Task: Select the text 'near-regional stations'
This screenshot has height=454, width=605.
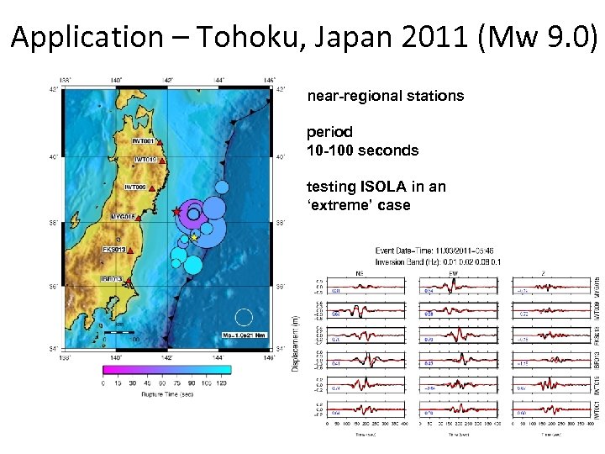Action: click(x=385, y=96)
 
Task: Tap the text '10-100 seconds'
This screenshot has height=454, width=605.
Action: click(x=362, y=151)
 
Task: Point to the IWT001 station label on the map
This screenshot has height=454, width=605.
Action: click(x=140, y=141)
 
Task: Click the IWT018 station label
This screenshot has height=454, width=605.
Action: click(x=145, y=160)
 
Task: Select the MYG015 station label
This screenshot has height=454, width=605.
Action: click(x=124, y=216)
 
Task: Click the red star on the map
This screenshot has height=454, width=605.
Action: click(x=176, y=212)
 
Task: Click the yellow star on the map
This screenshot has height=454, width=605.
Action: click(x=194, y=238)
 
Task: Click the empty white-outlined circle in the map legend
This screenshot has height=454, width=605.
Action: click(x=244, y=317)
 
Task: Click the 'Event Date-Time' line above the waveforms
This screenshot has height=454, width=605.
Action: click(x=435, y=251)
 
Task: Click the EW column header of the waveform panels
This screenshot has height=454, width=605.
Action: click(x=454, y=272)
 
